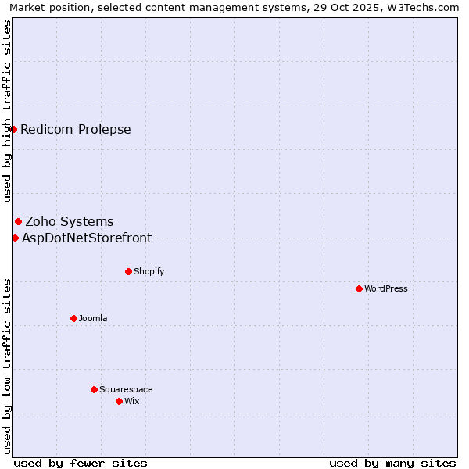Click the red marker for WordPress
pyautogui.click(x=359, y=288)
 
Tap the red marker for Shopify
pyautogui.click(x=128, y=271)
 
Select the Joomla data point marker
pyautogui.click(x=73, y=318)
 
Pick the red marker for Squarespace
pyautogui.click(x=94, y=389)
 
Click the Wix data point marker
pyautogui.click(x=119, y=401)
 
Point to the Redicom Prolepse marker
pyautogui.click(x=13, y=129)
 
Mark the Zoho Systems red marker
pyautogui.click(x=18, y=222)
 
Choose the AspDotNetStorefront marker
pyautogui.click(x=15, y=238)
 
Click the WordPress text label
pyautogui.click(x=386, y=289)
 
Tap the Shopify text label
pyautogui.click(x=149, y=272)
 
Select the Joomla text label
pyautogui.click(x=93, y=319)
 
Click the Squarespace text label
pyautogui.click(x=126, y=390)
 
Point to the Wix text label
pyautogui.click(x=132, y=402)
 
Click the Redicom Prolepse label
pyautogui.click(x=76, y=130)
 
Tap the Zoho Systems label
pyautogui.click(x=70, y=222)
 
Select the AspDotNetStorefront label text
pyautogui.click(x=87, y=238)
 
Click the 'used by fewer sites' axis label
pyautogui.click(x=81, y=463)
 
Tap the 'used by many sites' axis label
pyautogui.click(x=392, y=463)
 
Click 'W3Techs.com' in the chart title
pyautogui.click(x=425, y=8)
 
